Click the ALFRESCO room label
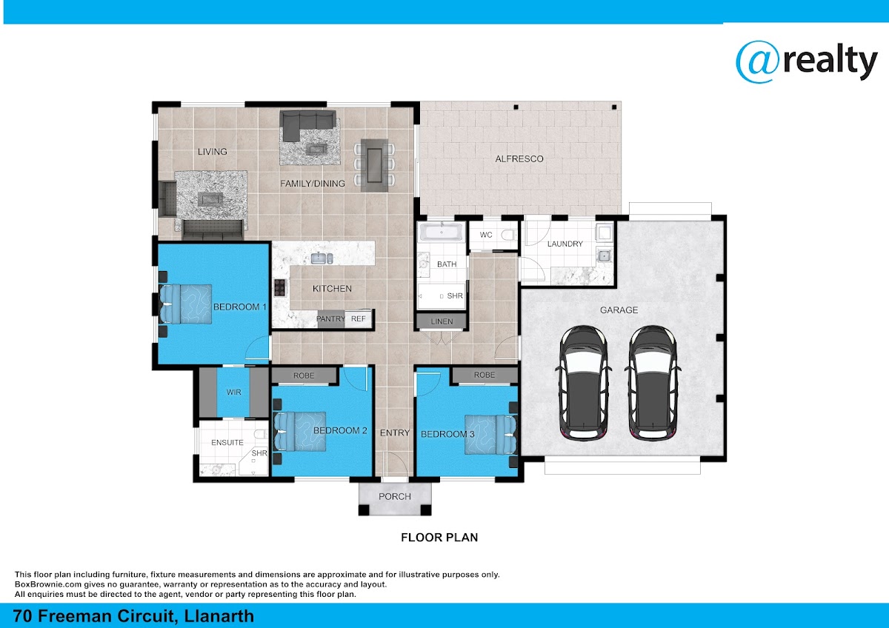tap(519, 159)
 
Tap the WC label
tap(486, 235)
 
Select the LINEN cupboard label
tap(442, 321)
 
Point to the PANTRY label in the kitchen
tap(330, 319)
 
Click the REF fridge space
tap(359, 319)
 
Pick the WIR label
tap(234, 392)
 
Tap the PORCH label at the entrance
tap(394, 497)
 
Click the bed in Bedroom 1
tap(185, 304)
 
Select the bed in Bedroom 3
tap(491, 435)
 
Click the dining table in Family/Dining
tap(374, 165)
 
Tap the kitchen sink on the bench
tap(322, 258)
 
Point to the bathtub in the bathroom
tap(442, 232)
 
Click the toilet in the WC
tap(509, 235)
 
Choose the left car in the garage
tap(584, 383)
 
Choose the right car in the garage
tap(653, 383)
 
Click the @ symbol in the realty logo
tap(759, 62)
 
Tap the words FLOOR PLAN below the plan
tap(439, 538)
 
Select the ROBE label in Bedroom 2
tap(304, 375)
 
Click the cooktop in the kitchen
tap(280, 287)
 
